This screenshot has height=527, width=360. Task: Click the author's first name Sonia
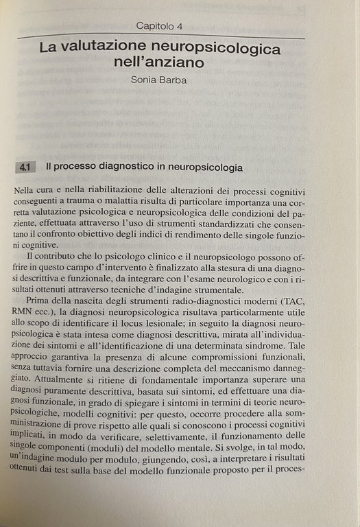(145, 80)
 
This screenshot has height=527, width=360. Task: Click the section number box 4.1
(27, 167)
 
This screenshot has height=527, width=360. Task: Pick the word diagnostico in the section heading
(123, 167)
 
